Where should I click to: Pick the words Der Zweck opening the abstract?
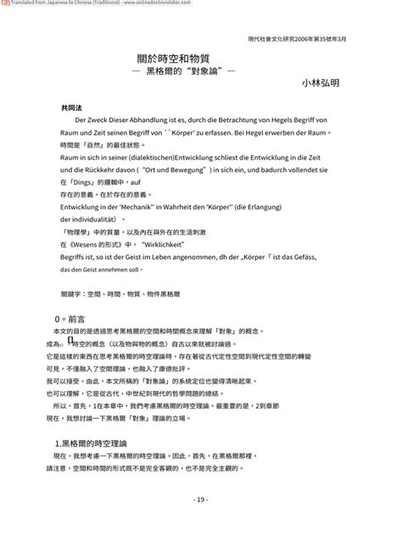tap(91, 120)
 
